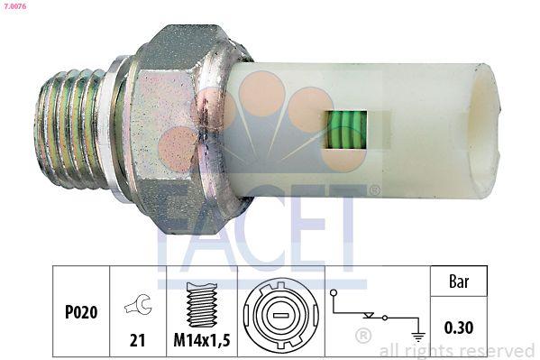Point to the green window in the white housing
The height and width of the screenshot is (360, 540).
pos(344,131)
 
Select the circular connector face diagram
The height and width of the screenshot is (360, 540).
pos(279,313)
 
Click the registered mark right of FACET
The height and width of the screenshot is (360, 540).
pos(373,190)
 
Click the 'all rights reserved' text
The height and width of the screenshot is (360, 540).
pos(457,350)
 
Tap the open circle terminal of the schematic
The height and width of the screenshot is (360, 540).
pos(333,292)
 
